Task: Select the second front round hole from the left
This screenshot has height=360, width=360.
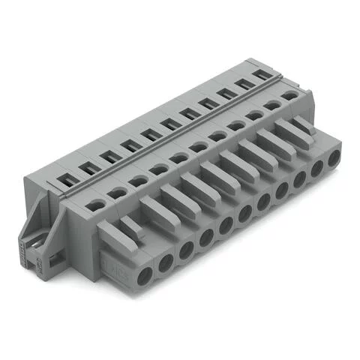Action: [x=166, y=259]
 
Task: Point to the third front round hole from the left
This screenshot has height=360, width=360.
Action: [x=186, y=248]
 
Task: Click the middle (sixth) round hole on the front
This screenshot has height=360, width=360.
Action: [x=244, y=215]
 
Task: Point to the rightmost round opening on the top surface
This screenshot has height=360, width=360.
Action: [x=290, y=95]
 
